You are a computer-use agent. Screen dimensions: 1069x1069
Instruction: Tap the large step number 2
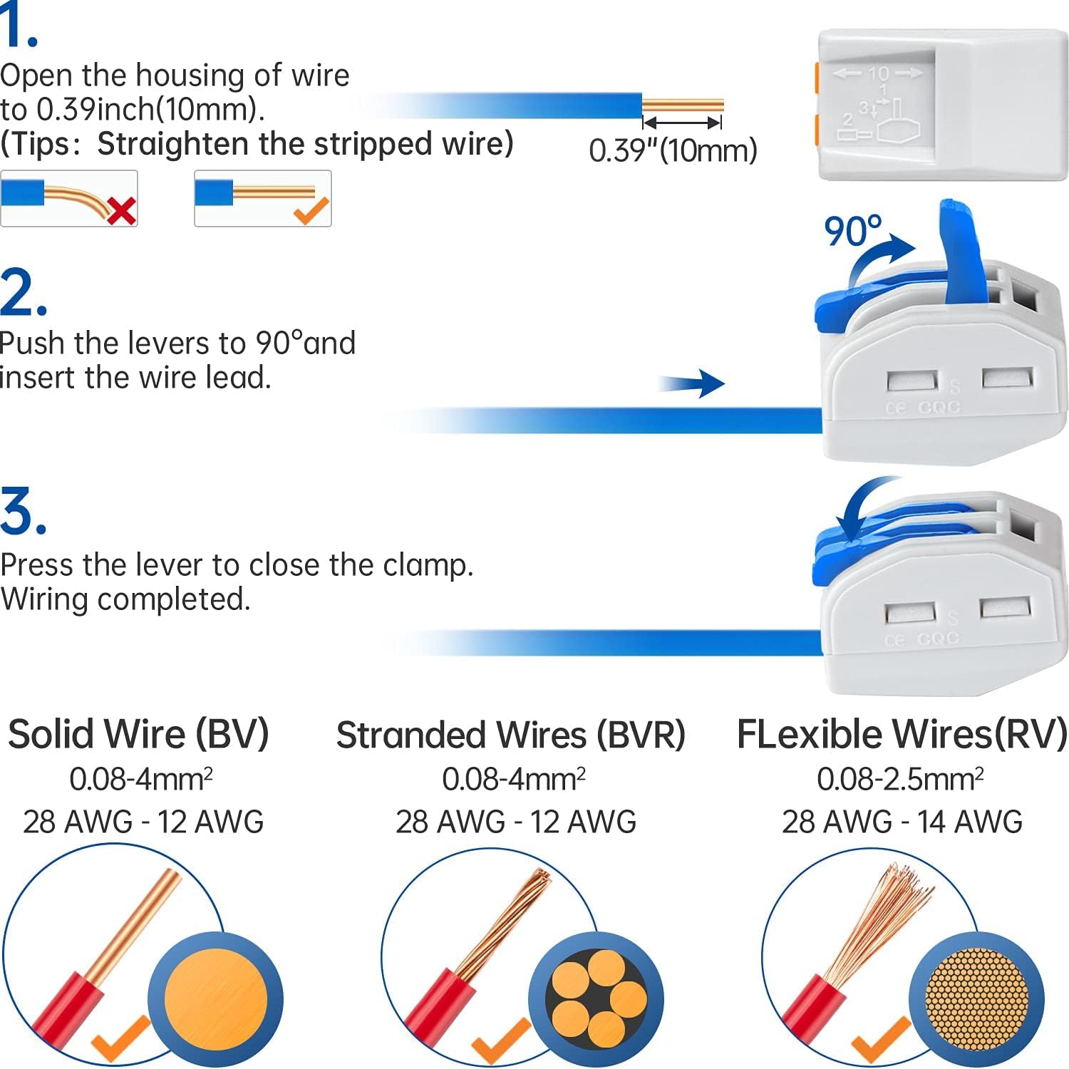(x=23, y=293)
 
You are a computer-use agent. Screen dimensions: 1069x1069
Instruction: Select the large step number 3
(x=23, y=512)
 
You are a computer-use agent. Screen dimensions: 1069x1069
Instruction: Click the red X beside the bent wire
(x=121, y=211)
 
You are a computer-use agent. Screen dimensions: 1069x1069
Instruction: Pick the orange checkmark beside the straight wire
(x=311, y=210)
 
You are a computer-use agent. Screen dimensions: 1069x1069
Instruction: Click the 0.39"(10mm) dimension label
(x=673, y=150)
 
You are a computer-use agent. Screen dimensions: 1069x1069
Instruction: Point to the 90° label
(x=852, y=231)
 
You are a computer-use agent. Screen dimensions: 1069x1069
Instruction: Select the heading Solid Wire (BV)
(x=138, y=734)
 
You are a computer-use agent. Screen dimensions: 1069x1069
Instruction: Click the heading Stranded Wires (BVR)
(x=510, y=735)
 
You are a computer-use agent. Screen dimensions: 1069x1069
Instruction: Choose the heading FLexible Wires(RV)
(x=902, y=734)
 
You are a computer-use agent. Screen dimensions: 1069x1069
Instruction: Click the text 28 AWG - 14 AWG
(x=902, y=822)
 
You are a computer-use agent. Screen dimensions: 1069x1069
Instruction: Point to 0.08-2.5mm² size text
(x=900, y=779)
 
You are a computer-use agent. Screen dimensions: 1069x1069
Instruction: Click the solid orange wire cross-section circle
(x=215, y=999)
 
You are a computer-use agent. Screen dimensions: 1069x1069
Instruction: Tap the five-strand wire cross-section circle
(x=596, y=999)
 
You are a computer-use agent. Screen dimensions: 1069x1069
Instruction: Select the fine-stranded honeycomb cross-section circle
(x=976, y=999)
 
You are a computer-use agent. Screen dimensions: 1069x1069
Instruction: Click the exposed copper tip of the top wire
(x=683, y=106)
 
